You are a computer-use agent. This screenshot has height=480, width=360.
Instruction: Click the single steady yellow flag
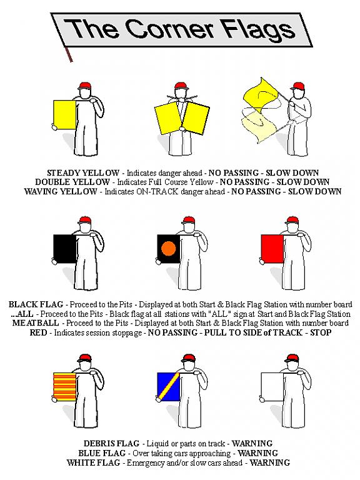coord(64,115)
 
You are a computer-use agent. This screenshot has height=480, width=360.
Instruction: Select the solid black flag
coord(64,249)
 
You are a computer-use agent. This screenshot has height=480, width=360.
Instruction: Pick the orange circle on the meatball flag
coord(169,248)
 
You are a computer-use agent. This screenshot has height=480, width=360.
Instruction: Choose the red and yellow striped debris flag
coord(64,387)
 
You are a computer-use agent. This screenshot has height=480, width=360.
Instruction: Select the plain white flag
coord(272,387)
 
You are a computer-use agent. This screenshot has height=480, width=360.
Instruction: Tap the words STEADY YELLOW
coord(83,173)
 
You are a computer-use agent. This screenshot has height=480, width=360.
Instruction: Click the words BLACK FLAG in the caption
coord(36,304)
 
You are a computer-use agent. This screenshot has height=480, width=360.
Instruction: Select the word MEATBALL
coord(36,323)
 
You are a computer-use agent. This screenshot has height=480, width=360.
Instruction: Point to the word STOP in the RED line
coord(321,332)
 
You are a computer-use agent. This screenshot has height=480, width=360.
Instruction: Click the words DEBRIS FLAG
coord(111,444)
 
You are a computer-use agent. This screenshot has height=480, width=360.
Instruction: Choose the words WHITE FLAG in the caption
coord(93,462)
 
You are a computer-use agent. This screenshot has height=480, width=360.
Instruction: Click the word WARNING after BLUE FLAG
coord(257,453)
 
